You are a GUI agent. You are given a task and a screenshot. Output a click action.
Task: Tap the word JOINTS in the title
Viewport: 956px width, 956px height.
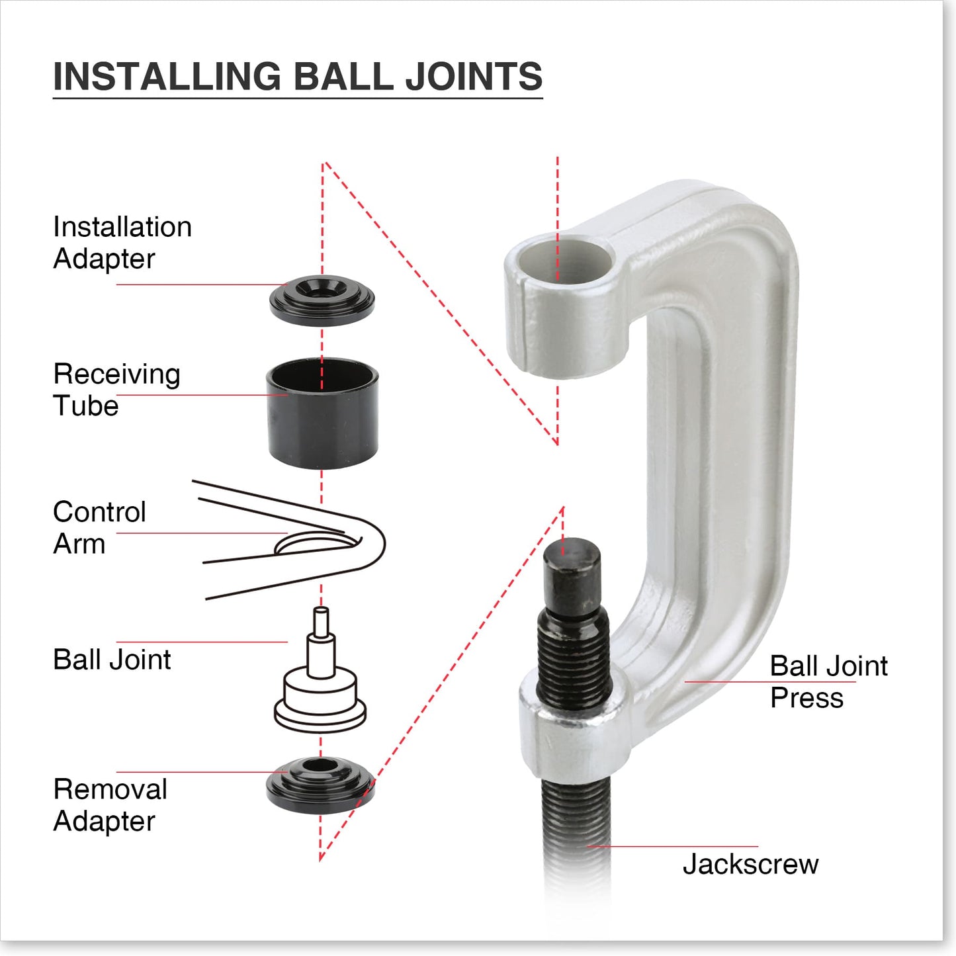tap(474, 76)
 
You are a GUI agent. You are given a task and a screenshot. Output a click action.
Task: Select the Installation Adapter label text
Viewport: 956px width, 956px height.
tap(122, 242)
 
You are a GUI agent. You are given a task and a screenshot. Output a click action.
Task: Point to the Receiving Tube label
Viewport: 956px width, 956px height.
tap(116, 390)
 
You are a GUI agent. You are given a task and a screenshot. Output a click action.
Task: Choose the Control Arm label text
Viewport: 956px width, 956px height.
tap(99, 527)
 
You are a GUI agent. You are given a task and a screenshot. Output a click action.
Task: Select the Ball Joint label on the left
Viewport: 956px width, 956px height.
tap(112, 660)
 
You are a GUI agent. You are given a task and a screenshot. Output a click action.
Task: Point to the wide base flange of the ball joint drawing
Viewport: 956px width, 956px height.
tap(321, 717)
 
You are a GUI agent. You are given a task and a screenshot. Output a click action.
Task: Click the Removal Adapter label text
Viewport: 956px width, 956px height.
tap(110, 804)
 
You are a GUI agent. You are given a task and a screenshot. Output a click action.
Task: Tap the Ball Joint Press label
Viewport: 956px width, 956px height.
tap(828, 681)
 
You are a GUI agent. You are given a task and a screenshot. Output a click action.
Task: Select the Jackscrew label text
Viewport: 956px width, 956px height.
tap(750, 864)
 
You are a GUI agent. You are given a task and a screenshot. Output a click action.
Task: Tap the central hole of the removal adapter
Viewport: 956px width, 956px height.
tap(320, 767)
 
